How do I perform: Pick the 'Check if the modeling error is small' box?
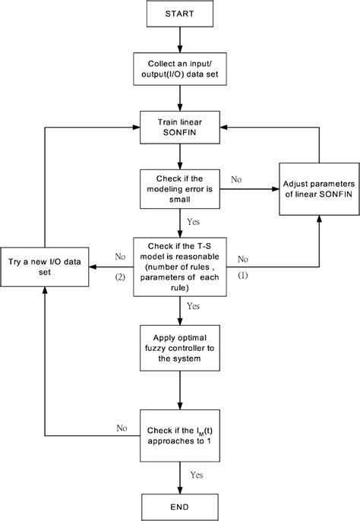[x=179, y=187]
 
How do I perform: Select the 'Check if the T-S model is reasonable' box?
[x=179, y=267]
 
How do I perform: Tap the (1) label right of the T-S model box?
[x=243, y=276]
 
